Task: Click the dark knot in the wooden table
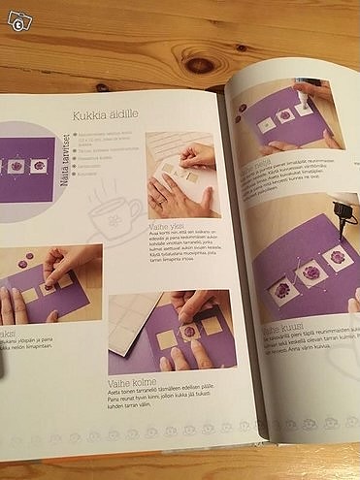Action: pyautogui.click(x=200, y=65)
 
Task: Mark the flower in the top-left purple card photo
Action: pyautogui.click(x=16, y=166)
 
